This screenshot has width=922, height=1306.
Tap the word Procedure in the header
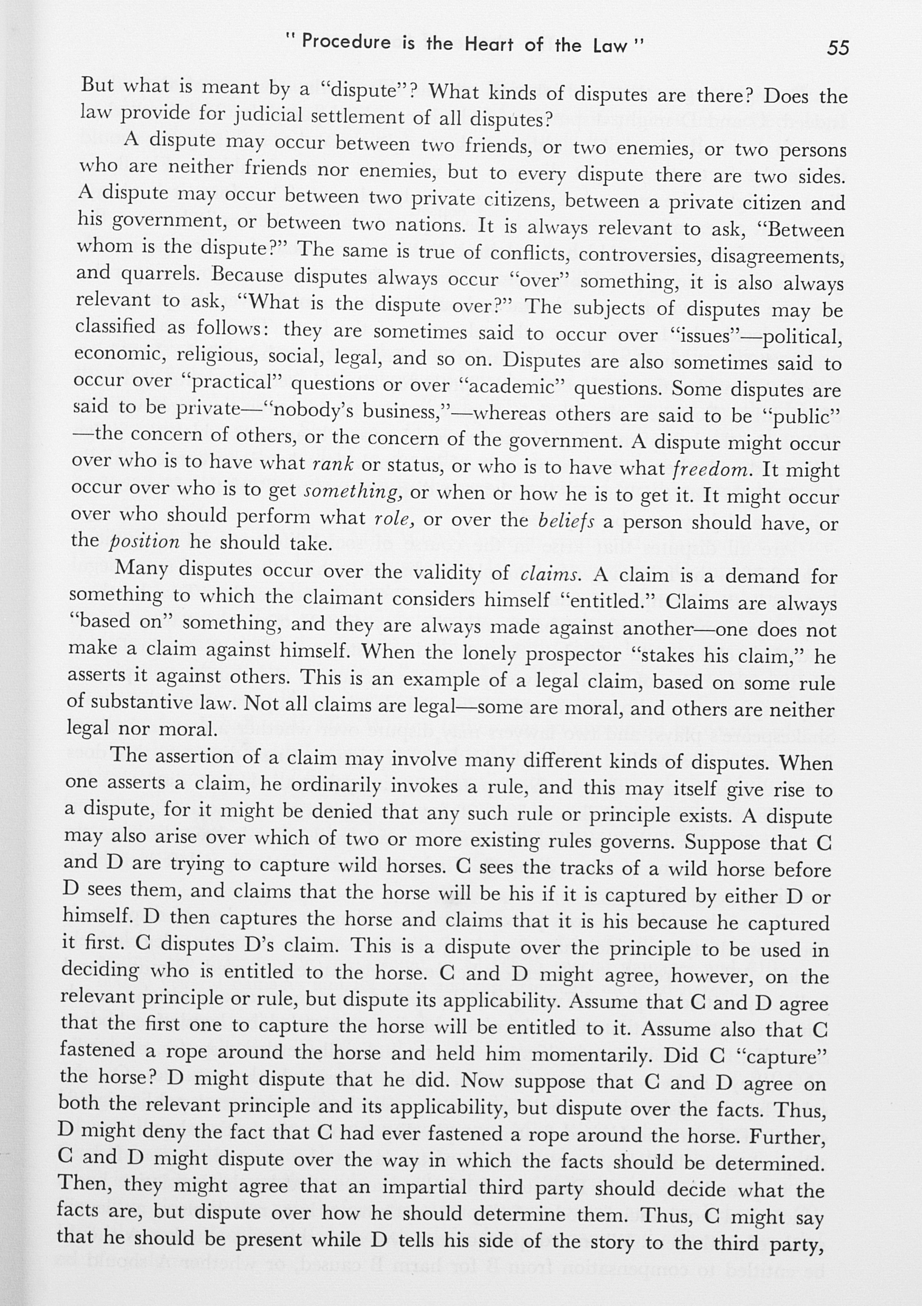point(346,42)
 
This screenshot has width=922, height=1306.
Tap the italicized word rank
point(333,464)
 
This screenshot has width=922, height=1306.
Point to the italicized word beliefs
point(566,520)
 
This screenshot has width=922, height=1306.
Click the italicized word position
point(144,542)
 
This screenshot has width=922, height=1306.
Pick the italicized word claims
point(551,574)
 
